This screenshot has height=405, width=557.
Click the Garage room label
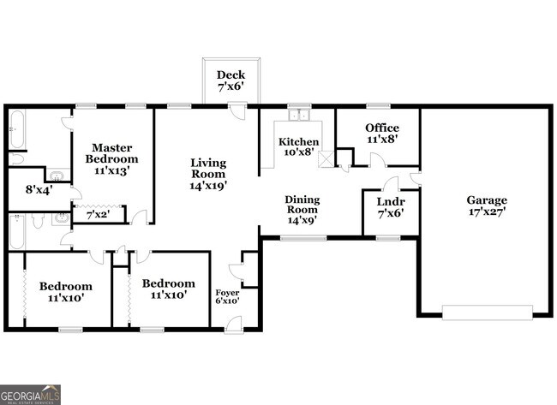coord(487,200)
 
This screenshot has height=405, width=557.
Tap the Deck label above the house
coord(231,74)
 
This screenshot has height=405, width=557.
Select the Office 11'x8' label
coord(381,128)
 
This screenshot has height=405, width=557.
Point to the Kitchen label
coord(298,141)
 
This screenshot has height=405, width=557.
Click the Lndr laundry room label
coord(391,201)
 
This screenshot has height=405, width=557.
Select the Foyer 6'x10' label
coord(226,292)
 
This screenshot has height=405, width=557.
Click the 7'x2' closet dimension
coord(99,215)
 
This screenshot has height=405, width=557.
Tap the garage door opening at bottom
coord(487,313)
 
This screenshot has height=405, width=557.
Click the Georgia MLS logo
coord(31,394)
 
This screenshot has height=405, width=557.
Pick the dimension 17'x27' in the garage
coord(487,211)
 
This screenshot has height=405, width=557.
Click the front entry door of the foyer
coord(234,325)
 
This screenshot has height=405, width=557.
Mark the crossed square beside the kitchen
coord(326,158)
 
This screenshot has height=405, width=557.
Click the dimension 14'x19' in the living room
coord(207,185)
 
